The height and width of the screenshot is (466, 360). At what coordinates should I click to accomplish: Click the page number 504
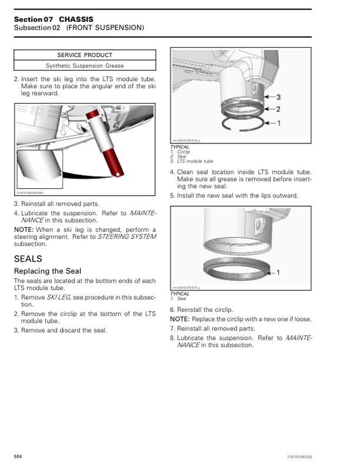(x=18, y=456)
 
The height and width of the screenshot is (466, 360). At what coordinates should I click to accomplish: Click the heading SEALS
(x=28, y=259)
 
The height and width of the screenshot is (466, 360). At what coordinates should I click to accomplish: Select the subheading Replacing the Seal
(x=48, y=271)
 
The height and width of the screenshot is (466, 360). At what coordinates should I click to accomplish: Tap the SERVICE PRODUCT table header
(x=85, y=55)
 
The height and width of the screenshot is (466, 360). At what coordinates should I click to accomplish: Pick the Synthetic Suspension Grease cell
(x=85, y=66)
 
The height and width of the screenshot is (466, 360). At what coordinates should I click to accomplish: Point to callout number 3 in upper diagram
(x=278, y=97)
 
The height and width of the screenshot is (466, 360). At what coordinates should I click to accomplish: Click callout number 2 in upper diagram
(x=278, y=109)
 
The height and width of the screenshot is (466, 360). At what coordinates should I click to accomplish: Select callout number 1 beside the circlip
(x=278, y=123)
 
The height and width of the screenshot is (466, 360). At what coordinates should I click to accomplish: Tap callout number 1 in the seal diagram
(x=278, y=272)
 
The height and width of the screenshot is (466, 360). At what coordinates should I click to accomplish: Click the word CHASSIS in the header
(x=76, y=19)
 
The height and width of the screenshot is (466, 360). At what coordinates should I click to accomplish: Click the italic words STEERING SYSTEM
(x=127, y=237)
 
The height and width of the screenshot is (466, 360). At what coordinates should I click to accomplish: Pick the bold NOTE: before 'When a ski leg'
(x=24, y=229)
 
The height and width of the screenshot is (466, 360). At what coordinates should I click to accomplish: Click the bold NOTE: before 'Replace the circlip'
(x=180, y=319)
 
